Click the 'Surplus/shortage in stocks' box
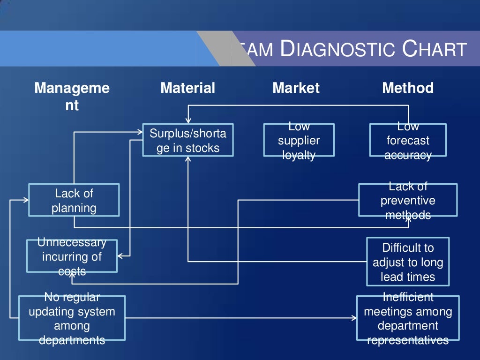187,140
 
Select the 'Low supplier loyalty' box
299,140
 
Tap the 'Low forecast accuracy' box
408,140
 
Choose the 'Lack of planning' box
74,200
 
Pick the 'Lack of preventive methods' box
408,200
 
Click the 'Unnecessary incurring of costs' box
72,256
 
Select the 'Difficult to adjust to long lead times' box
408,262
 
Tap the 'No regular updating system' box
72,318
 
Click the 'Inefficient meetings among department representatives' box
408,318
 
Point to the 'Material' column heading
187,88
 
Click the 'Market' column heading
296,88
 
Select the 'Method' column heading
408,88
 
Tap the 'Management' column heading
72,96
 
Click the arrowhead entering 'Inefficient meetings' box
354,318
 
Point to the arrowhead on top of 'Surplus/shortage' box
188,121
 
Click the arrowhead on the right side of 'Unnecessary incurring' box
120,256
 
